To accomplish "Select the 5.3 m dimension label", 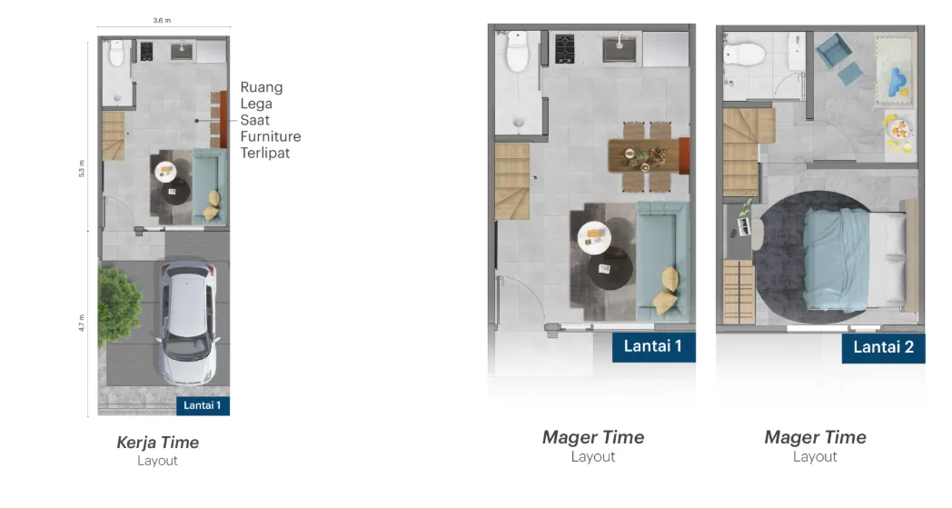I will coord(82,168).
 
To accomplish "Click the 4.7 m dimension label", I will coord(82,323).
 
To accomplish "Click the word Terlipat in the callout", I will coord(265,153).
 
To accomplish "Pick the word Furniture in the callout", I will coord(270,136).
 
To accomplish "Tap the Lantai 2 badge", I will coord(883,346).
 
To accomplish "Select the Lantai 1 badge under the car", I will coord(202,405).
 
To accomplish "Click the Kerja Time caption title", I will coord(157,443).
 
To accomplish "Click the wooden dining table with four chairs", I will coord(647,155).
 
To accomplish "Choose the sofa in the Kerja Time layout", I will coord(212,186).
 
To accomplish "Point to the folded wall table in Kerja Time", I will coord(218,119).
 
